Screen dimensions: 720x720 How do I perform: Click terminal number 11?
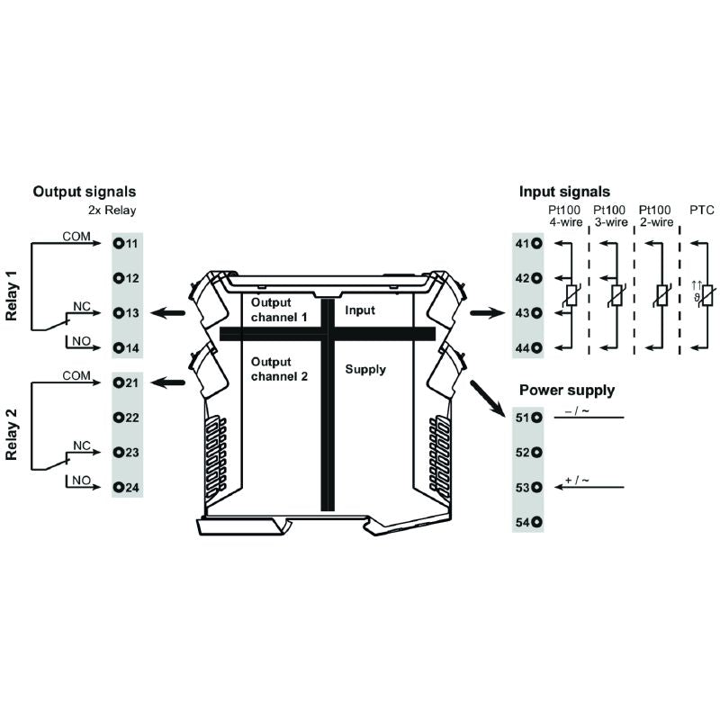[x=126, y=244]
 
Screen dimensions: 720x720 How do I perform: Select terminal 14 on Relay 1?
[x=126, y=347]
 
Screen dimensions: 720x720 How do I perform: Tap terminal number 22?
[x=126, y=418]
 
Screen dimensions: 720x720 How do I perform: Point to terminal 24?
[x=126, y=488]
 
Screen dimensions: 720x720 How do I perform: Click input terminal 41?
[x=528, y=244]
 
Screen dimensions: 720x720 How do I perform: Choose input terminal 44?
[x=528, y=347]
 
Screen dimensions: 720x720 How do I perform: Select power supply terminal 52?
[x=528, y=453]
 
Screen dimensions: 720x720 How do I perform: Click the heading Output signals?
[x=85, y=192]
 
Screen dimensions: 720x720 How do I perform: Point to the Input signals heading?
[x=564, y=192]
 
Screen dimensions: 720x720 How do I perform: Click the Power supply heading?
[x=567, y=391]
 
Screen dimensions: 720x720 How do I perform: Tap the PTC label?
[x=701, y=210]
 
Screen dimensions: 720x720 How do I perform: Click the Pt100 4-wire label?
[x=565, y=216]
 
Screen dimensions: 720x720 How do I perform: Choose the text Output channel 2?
[x=279, y=369]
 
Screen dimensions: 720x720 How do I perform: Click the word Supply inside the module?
[x=365, y=369]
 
